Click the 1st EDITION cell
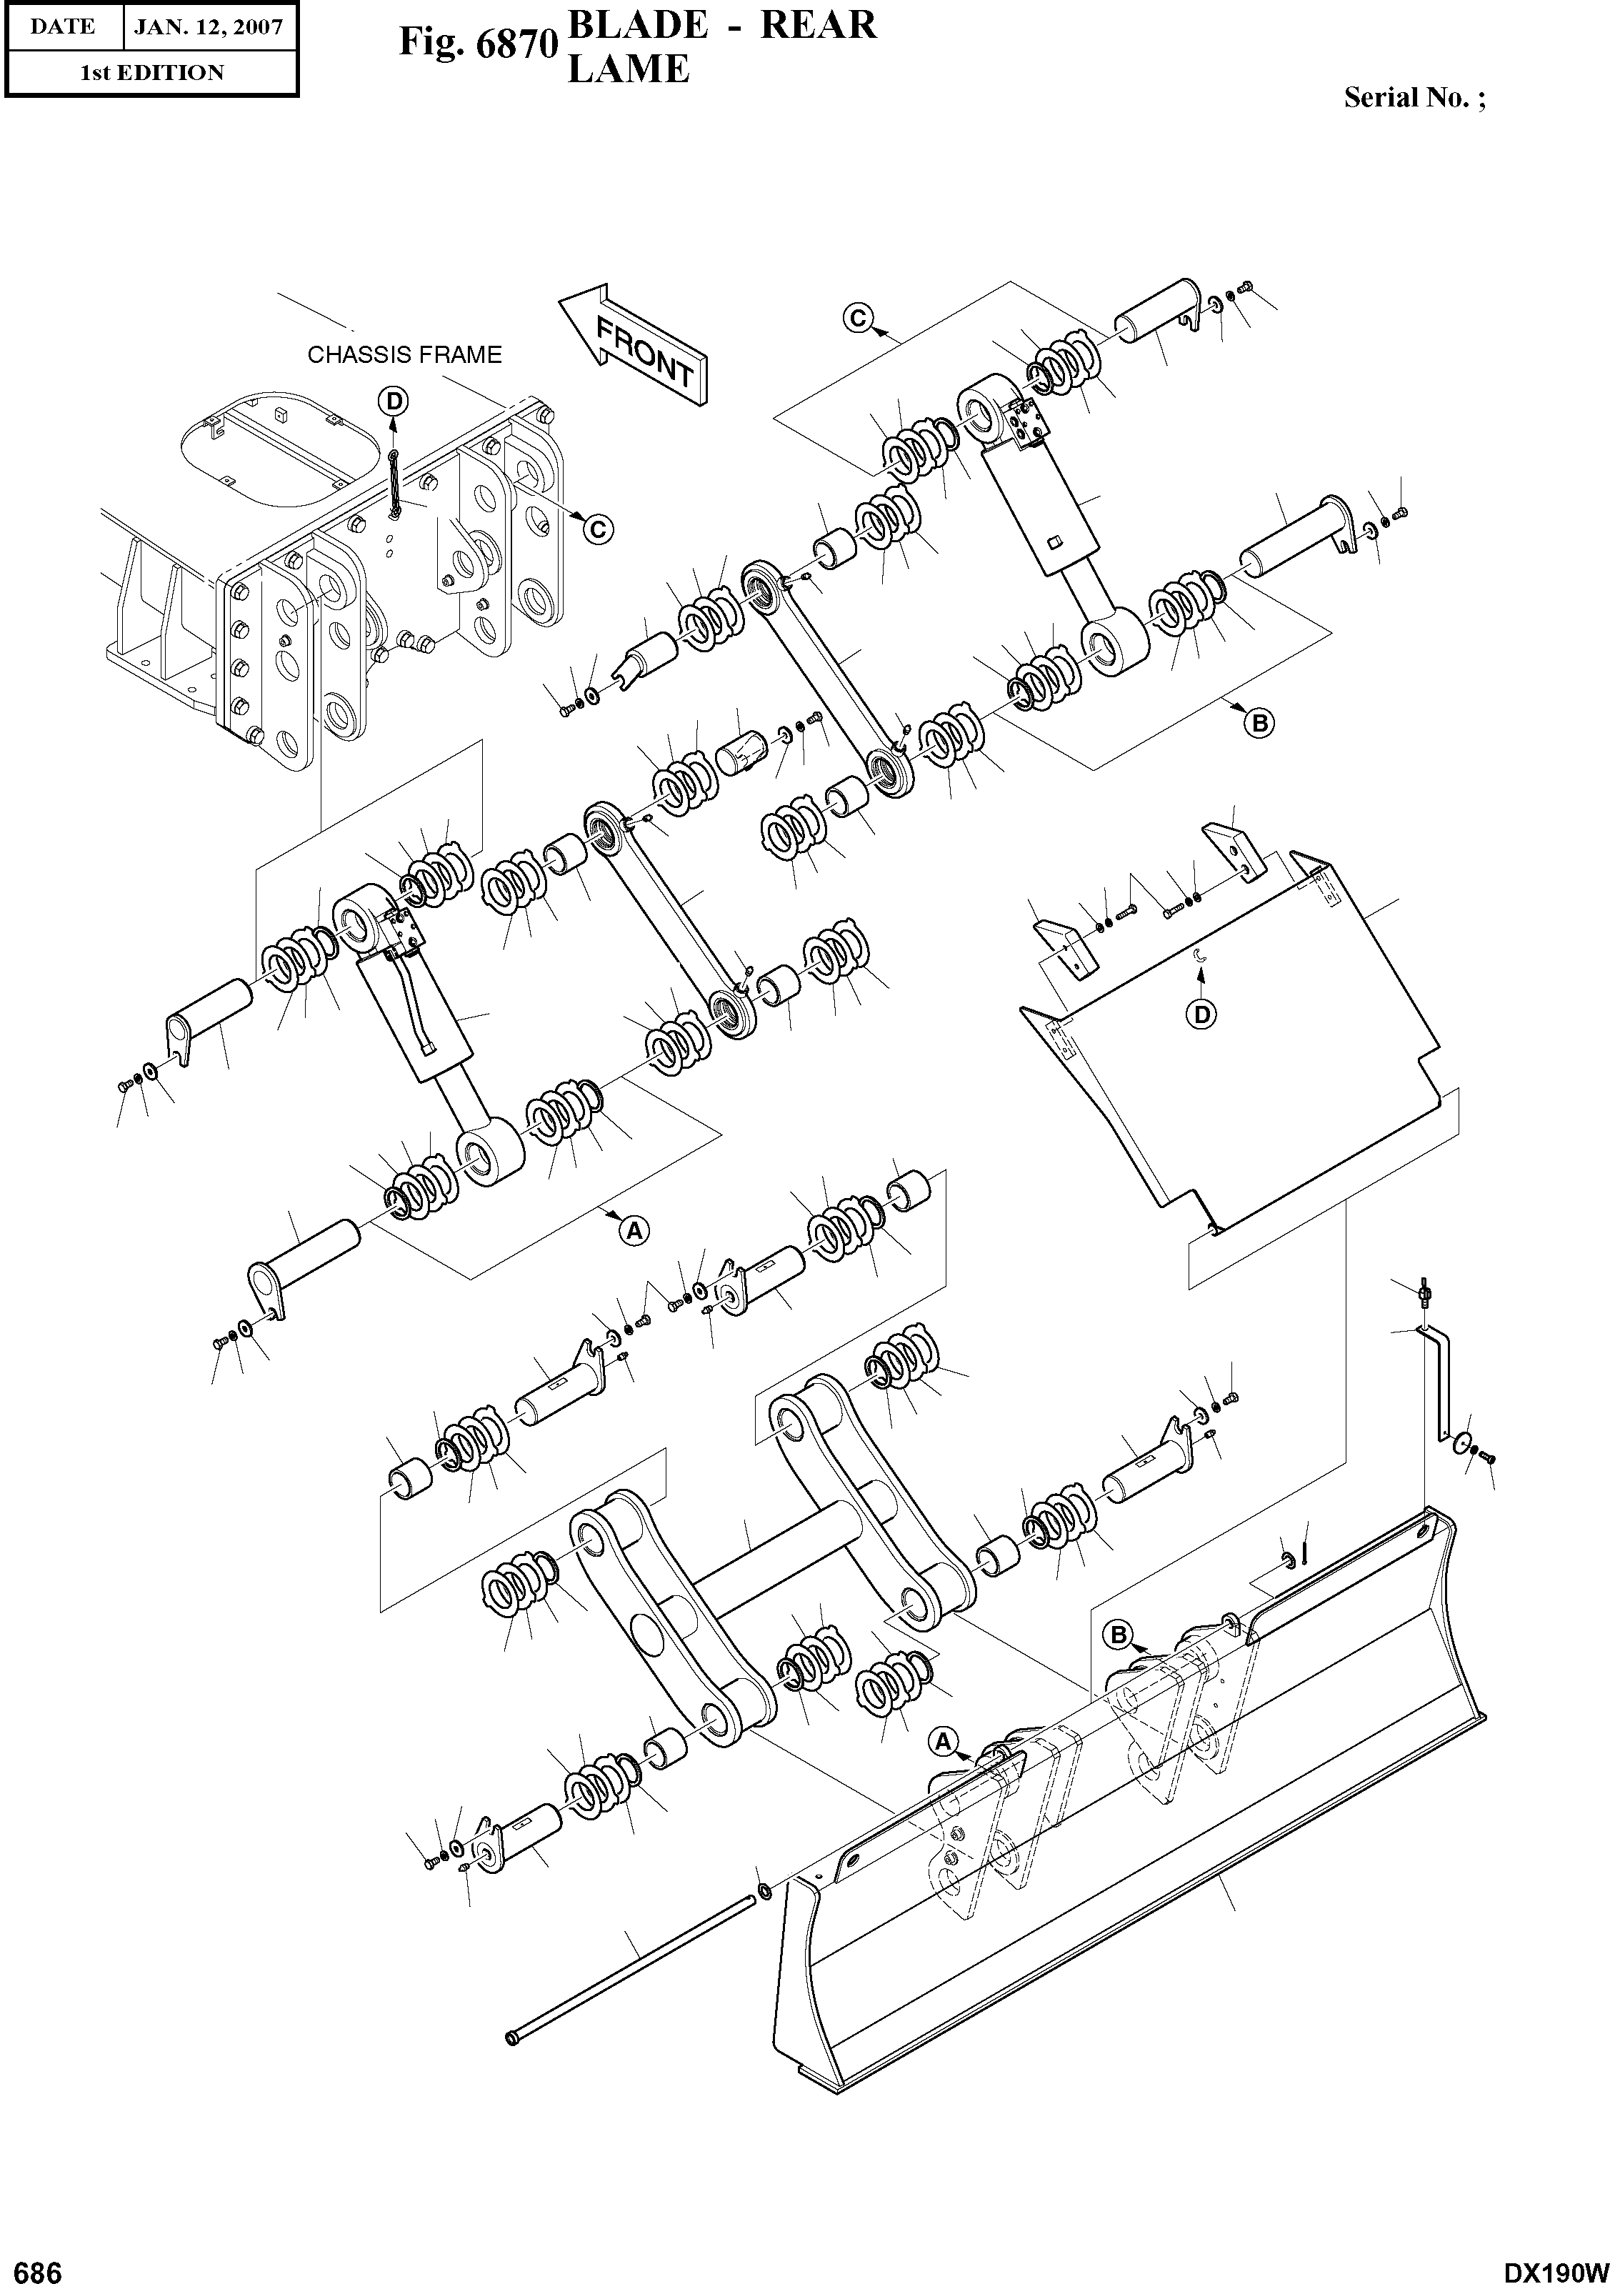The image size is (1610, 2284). (151, 73)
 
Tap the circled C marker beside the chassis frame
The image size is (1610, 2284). (596, 530)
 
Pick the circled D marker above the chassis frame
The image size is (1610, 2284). (394, 401)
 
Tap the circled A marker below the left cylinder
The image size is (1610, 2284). (634, 1230)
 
